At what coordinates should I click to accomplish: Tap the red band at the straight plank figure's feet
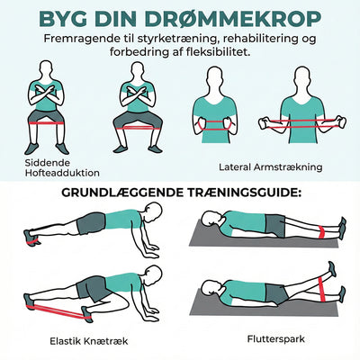32,240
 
